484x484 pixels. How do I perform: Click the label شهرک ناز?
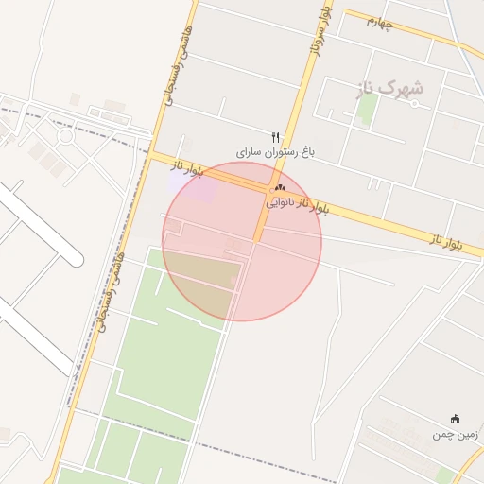point(390,88)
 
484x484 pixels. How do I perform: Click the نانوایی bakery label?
point(281,201)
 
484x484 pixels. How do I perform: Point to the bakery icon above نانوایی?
point(280,189)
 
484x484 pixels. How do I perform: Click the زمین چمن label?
point(457,434)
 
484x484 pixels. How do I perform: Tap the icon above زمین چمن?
point(456,420)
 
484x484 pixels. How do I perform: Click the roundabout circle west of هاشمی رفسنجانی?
point(66,135)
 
